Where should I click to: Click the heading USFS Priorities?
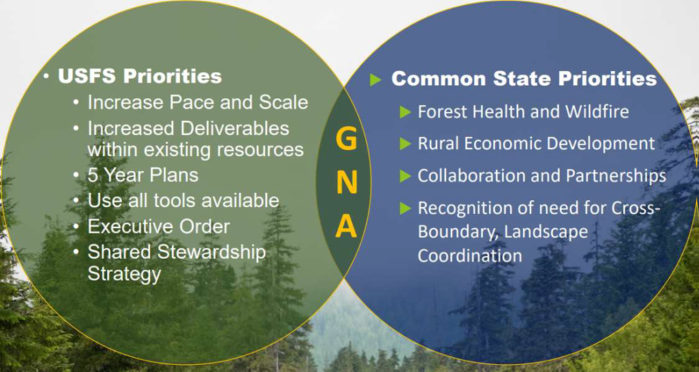[x=140, y=76]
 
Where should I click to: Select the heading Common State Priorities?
[x=523, y=79]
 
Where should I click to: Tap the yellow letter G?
[x=346, y=140]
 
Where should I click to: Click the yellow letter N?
[x=346, y=182]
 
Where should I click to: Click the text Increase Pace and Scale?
[x=197, y=103]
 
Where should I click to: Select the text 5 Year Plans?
[x=143, y=175]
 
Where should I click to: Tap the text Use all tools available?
[x=183, y=201]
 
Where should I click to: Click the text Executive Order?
[x=159, y=226]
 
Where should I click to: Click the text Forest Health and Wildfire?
[x=523, y=112]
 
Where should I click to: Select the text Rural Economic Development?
[x=536, y=143]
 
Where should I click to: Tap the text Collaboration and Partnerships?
[x=541, y=175]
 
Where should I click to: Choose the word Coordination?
[x=470, y=256]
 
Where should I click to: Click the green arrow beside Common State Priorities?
[x=375, y=80]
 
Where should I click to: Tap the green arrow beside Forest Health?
[x=406, y=112]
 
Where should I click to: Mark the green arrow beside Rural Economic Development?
[x=406, y=143]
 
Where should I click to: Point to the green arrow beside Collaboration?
[x=406, y=176]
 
